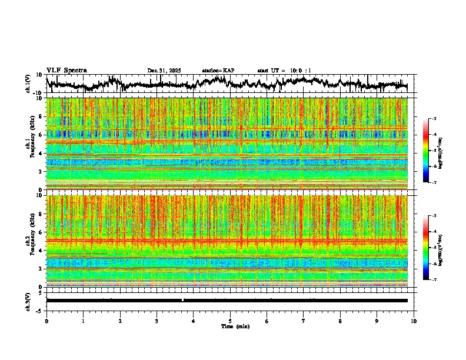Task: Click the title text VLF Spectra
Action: click(66, 70)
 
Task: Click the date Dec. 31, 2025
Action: click(164, 71)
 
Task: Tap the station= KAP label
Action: click(218, 71)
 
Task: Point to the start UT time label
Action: click(284, 71)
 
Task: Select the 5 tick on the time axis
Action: click(231, 320)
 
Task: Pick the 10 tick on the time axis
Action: click(414, 320)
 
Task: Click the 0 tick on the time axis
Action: click(46, 320)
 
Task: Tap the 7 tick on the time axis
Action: click(304, 320)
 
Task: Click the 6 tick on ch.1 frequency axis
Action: click(42, 135)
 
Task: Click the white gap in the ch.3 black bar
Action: click(183, 300)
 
